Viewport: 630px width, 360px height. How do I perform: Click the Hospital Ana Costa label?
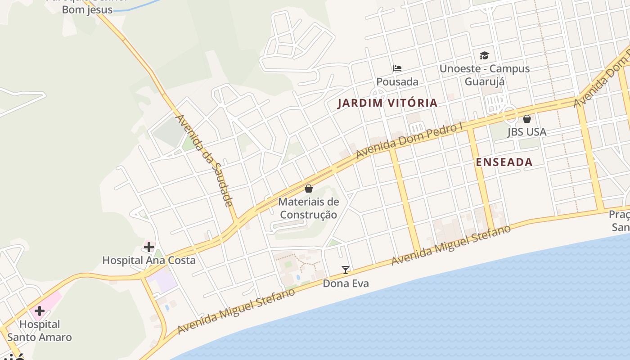[149, 260]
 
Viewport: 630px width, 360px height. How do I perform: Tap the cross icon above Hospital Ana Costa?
[149, 247]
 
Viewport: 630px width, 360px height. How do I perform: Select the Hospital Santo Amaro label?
[40, 330]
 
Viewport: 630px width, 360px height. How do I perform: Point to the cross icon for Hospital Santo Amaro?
[40, 311]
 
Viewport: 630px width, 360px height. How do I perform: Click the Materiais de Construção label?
[308, 208]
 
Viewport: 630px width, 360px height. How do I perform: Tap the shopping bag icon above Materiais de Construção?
[309, 189]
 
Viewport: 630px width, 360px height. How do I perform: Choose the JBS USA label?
[526, 132]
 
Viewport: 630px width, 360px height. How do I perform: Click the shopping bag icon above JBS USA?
[526, 119]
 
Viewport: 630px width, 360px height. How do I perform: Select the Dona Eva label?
[346, 283]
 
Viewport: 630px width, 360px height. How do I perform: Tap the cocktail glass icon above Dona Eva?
[346, 270]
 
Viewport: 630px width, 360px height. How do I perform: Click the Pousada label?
[397, 81]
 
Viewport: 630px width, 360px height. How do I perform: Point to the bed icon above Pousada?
[397, 68]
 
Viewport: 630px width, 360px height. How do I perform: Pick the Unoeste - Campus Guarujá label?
[484, 75]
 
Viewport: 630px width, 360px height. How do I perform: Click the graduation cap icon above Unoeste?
[484, 55]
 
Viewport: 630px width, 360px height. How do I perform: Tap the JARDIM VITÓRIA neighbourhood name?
[387, 103]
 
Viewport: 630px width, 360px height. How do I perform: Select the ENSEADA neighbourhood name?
[504, 162]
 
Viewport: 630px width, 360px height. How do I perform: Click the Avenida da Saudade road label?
[204, 160]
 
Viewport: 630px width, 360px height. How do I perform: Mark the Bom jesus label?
[87, 10]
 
